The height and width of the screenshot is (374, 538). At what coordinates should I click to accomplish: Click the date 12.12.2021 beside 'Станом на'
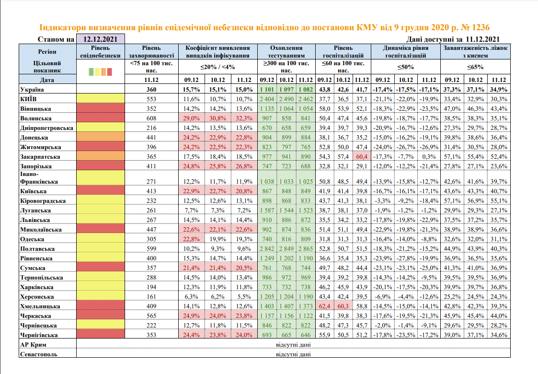coord(101,39)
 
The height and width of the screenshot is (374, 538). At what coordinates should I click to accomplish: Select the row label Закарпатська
coord(40,156)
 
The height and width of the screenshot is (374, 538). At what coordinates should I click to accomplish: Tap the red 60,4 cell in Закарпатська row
coord(362,156)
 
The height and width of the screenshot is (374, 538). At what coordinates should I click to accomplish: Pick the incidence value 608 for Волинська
coord(150,118)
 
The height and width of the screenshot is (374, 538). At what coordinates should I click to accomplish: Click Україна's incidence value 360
coord(150,90)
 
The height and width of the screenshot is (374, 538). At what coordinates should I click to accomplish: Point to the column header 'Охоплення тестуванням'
coord(286,52)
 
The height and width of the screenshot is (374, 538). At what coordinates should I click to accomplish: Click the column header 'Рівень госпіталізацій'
coord(343,52)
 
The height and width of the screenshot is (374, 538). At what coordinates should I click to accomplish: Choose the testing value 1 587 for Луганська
coord(267,210)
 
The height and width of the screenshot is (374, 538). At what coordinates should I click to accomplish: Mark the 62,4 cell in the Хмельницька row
coord(325,306)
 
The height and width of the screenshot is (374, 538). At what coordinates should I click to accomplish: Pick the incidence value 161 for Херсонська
coord(150,296)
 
